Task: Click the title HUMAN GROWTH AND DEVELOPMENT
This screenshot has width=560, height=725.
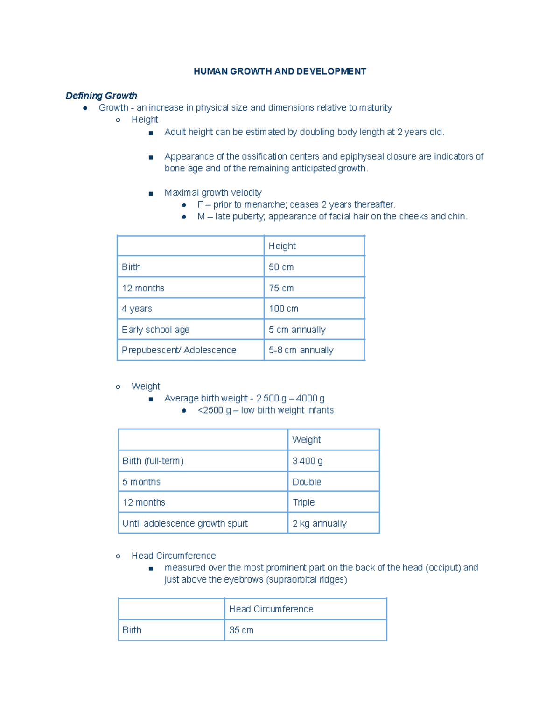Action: click(x=280, y=71)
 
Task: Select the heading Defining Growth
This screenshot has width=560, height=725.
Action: click(x=101, y=96)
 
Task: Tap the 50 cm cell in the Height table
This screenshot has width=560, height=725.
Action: click(x=281, y=267)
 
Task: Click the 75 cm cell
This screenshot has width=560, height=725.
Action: click(x=281, y=288)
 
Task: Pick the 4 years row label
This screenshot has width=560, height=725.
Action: click(x=137, y=309)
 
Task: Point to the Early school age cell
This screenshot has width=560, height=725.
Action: click(x=155, y=330)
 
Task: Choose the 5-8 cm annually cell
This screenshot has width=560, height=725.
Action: click(x=301, y=350)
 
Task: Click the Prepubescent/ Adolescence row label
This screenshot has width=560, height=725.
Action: click(x=179, y=350)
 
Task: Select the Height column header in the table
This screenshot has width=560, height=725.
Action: click(x=282, y=246)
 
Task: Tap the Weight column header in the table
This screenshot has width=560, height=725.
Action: click(x=306, y=440)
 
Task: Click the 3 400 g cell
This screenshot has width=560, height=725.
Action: click(x=307, y=461)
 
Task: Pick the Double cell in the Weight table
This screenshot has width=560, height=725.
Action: click(x=307, y=482)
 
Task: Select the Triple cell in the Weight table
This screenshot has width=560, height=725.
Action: click(x=303, y=502)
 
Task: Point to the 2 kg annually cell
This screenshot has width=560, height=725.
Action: click(x=319, y=523)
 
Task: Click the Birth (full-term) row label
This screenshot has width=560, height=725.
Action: click(x=153, y=461)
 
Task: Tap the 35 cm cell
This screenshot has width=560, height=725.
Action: click(x=241, y=630)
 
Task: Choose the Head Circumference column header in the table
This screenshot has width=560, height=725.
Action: click(x=271, y=609)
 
